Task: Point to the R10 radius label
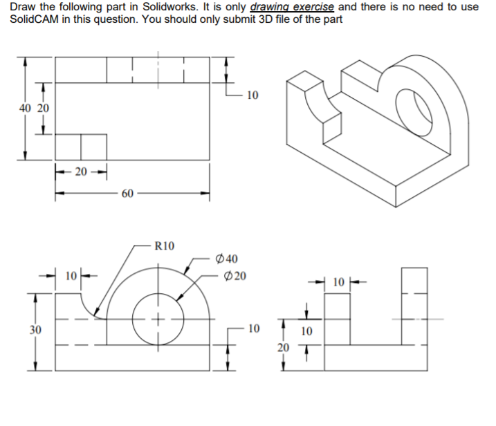(x=165, y=245)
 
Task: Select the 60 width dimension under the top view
(x=127, y=194)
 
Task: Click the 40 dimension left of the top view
(x=26, y=108)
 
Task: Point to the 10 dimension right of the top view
(x=252, y=95)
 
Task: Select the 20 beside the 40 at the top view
(x=43, y=108)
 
